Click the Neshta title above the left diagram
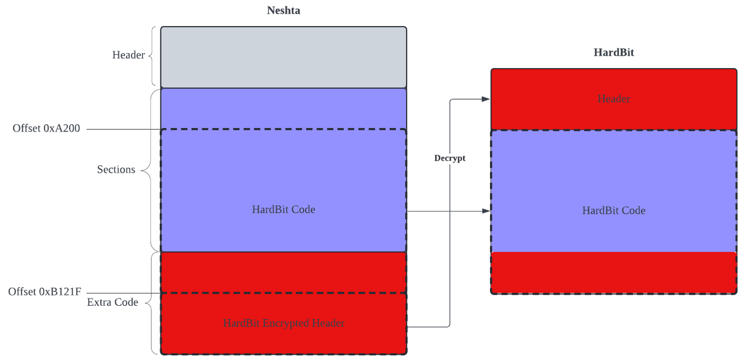283,10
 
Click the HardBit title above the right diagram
613,52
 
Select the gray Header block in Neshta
283,57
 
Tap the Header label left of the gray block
129,55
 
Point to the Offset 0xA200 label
46,128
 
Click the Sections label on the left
116,170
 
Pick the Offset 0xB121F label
45,291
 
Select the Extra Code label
112,302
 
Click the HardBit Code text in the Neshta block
283,210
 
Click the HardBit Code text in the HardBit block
613,211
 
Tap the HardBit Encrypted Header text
283,323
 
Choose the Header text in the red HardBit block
613,99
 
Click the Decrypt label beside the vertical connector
450,158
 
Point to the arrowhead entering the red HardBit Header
485,99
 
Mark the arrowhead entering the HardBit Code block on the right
485,211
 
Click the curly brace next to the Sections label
150,170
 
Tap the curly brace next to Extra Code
152,303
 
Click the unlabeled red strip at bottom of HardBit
613,272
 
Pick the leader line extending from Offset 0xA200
122,129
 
